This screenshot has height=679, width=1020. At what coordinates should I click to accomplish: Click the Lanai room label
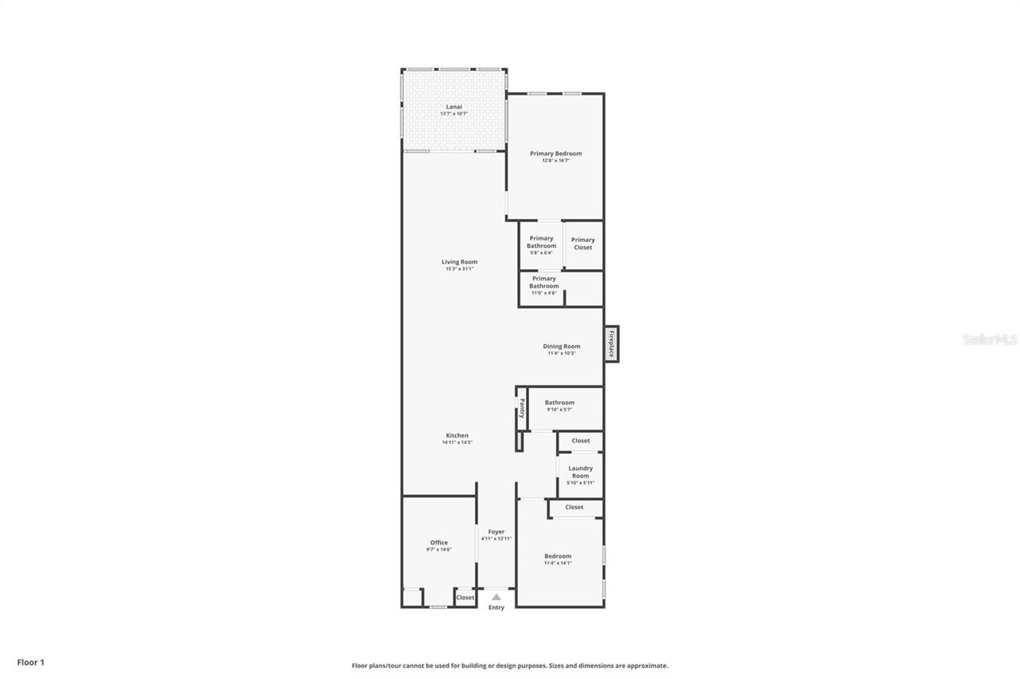453,107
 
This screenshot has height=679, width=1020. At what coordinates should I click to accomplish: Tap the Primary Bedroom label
555,154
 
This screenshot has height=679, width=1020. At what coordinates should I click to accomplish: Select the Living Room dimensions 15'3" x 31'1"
459,269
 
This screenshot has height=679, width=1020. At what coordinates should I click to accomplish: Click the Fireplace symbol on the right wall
611,344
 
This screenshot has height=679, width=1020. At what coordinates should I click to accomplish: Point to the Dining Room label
561,346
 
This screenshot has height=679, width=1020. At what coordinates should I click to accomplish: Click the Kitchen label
457,435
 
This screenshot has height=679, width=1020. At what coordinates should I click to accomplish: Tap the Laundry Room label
580,472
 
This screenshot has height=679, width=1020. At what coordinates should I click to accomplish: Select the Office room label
438,543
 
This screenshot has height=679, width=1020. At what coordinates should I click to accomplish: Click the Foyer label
496,532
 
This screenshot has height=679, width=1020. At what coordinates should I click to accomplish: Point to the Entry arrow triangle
496,596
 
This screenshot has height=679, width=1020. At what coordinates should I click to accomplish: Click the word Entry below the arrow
496,608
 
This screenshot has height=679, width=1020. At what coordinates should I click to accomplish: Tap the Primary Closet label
583,244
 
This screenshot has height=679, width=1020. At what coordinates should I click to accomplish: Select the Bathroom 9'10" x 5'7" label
559,403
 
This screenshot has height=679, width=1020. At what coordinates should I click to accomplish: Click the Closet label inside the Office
465,597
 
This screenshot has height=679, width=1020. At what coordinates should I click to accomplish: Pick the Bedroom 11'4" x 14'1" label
557,556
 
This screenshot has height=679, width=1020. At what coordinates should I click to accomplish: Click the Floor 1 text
31,662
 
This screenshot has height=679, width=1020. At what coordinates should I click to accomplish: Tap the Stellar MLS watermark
990,340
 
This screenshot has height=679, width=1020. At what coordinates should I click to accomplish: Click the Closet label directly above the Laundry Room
580,440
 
